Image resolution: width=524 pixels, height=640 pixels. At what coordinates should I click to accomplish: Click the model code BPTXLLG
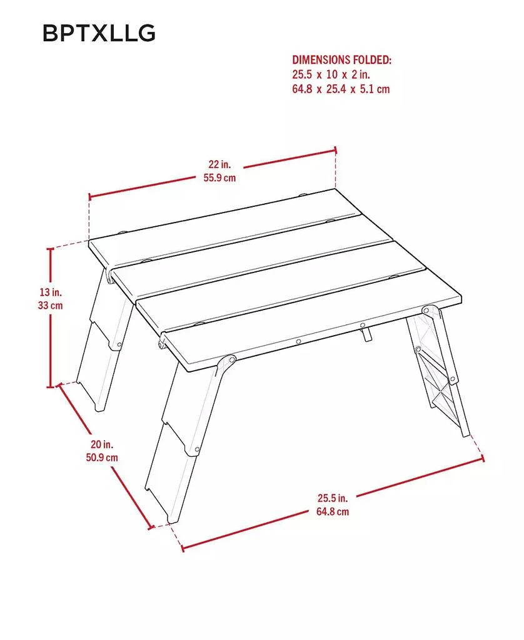[x=99, y=33]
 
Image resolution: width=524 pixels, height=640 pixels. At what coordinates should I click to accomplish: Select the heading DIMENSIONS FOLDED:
[x=341, y=60]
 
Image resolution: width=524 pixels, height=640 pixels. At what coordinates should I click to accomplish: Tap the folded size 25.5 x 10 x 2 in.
[x=331, y=74]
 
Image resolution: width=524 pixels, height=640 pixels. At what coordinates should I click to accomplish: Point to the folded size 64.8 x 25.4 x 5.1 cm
[x=341, y=89]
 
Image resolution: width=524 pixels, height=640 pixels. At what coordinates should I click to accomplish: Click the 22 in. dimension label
[x=219, y=164]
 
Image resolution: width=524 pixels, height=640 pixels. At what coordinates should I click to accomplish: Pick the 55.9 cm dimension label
[x=219, y=177]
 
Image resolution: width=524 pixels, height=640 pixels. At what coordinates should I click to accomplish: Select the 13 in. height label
[x=51, y=292]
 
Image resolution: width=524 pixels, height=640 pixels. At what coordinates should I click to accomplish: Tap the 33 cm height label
[x=51, y=306]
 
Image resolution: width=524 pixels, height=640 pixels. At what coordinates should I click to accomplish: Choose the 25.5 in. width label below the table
[x=332, y=498]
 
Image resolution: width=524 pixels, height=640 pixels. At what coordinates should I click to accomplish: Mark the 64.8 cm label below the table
[x=332, y=511]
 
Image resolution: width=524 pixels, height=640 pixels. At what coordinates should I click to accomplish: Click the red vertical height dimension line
[x=50, y=337]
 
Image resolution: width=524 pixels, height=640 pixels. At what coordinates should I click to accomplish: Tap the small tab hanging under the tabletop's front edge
[x=367, y=336]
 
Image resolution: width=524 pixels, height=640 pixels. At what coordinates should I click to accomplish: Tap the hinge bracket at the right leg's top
[x=429, y=311]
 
